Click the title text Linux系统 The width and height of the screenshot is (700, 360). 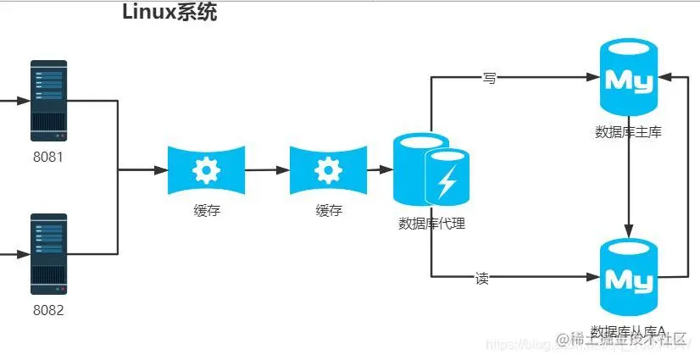pyautogui.click(x=169, y=14)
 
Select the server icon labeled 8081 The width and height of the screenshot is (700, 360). pyautogui.click(x=48, y=100)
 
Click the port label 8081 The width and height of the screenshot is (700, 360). pyautogui.click(x=48, y=157)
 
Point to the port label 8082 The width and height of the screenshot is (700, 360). pyautogui.click(x=48, y=310)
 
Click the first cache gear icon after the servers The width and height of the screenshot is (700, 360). pyautogui.click(x=206, y=170)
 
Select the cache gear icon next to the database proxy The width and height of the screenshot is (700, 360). pyautogui.click(x=328, y=170)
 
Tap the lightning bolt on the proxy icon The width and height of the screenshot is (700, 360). pyautogui.click(x=447, y=180)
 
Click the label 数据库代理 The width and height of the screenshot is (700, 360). pyautogui.click(x=432, y=224)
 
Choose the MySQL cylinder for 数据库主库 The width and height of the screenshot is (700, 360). pyautogui.click(x=628, y=81)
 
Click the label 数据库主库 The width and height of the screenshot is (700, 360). pyautogui.click(x=628, y=132)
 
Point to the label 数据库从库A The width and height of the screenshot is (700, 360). pyautogui.click(x=628, y=330)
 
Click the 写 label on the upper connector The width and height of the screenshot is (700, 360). pyautogui.click(x=489, y=78)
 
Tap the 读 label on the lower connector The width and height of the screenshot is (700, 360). pyautogui.click(x=481, y=277)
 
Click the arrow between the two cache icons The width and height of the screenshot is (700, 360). pyautogui.click(x=266, y=170)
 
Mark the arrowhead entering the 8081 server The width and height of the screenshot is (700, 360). pyautogui.click(x=25, y=100)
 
